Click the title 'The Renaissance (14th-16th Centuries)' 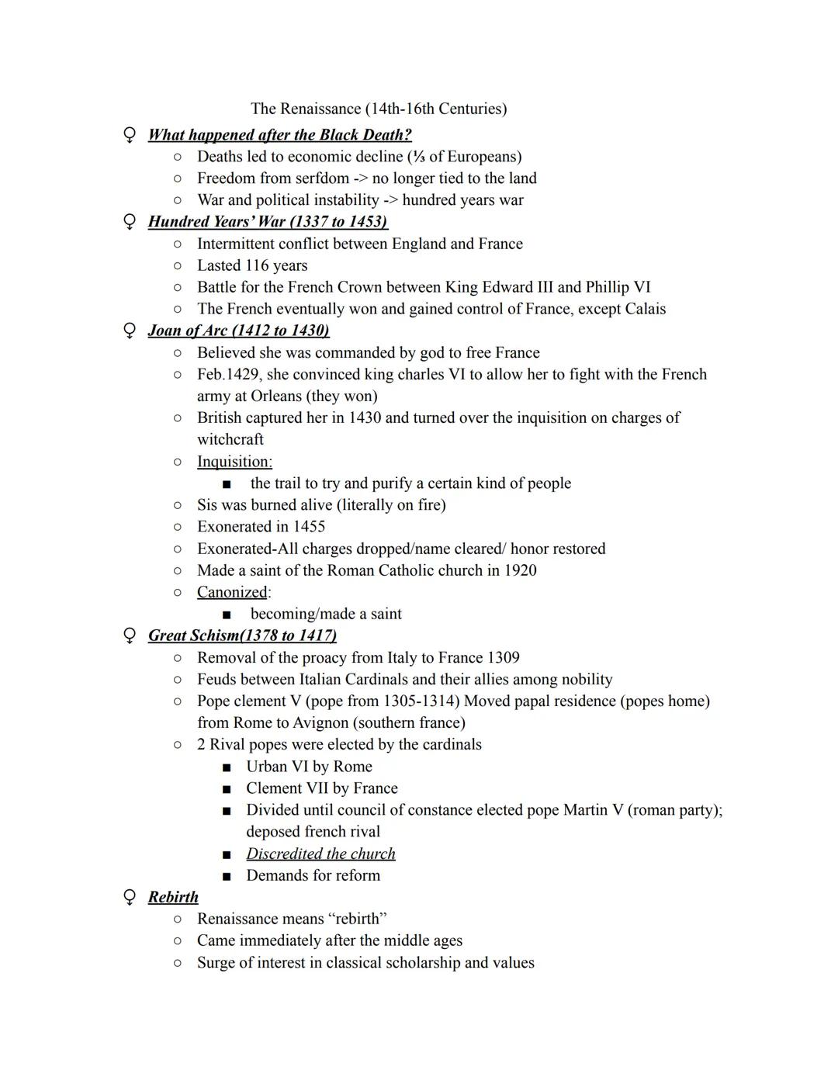coord(379,109)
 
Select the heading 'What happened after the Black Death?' coord(279,135)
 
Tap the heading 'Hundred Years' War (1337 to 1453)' coord(268,222)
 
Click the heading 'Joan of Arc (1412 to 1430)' coord(238,331)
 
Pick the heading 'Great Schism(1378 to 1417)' coord(242,636)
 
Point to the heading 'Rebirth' coord(173,897)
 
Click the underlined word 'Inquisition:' coord(234,462)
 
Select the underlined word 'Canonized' coord(232,592)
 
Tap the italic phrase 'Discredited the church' coord(320,854)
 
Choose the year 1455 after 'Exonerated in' coord(309,526)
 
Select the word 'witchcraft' coord(230,439)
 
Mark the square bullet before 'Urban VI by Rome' coord(227,767)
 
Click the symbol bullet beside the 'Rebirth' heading coord(130,897)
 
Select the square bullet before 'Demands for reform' coord(227,876)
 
